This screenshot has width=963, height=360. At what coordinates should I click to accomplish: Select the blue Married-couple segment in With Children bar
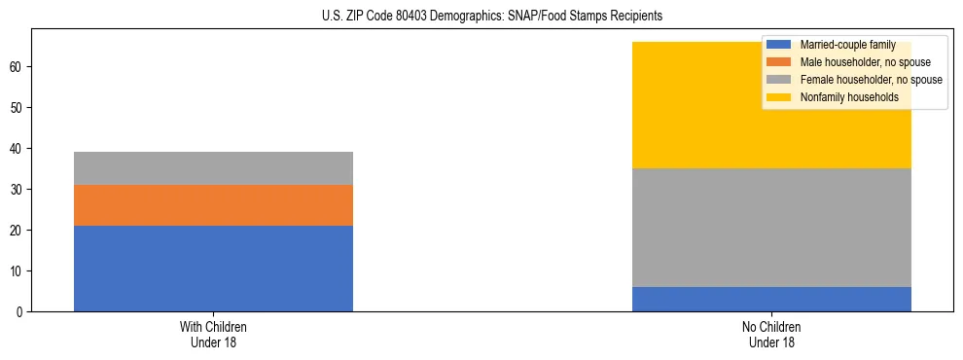tap(213, 268)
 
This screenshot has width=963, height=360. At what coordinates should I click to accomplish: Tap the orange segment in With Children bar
tap(213, 204)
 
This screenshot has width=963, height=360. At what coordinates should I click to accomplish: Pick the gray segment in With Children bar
tap(213, 167)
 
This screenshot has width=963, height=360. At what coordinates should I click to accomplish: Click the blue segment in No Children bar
tap(771, 299)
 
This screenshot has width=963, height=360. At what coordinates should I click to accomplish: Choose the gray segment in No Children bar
tap(771, 228)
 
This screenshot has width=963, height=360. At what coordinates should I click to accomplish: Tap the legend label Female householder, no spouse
tap(871, 80)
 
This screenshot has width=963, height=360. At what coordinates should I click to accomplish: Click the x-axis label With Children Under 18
tap(213, 335)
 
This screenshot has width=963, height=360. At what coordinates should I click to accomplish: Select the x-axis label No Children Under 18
tap(771, 335)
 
